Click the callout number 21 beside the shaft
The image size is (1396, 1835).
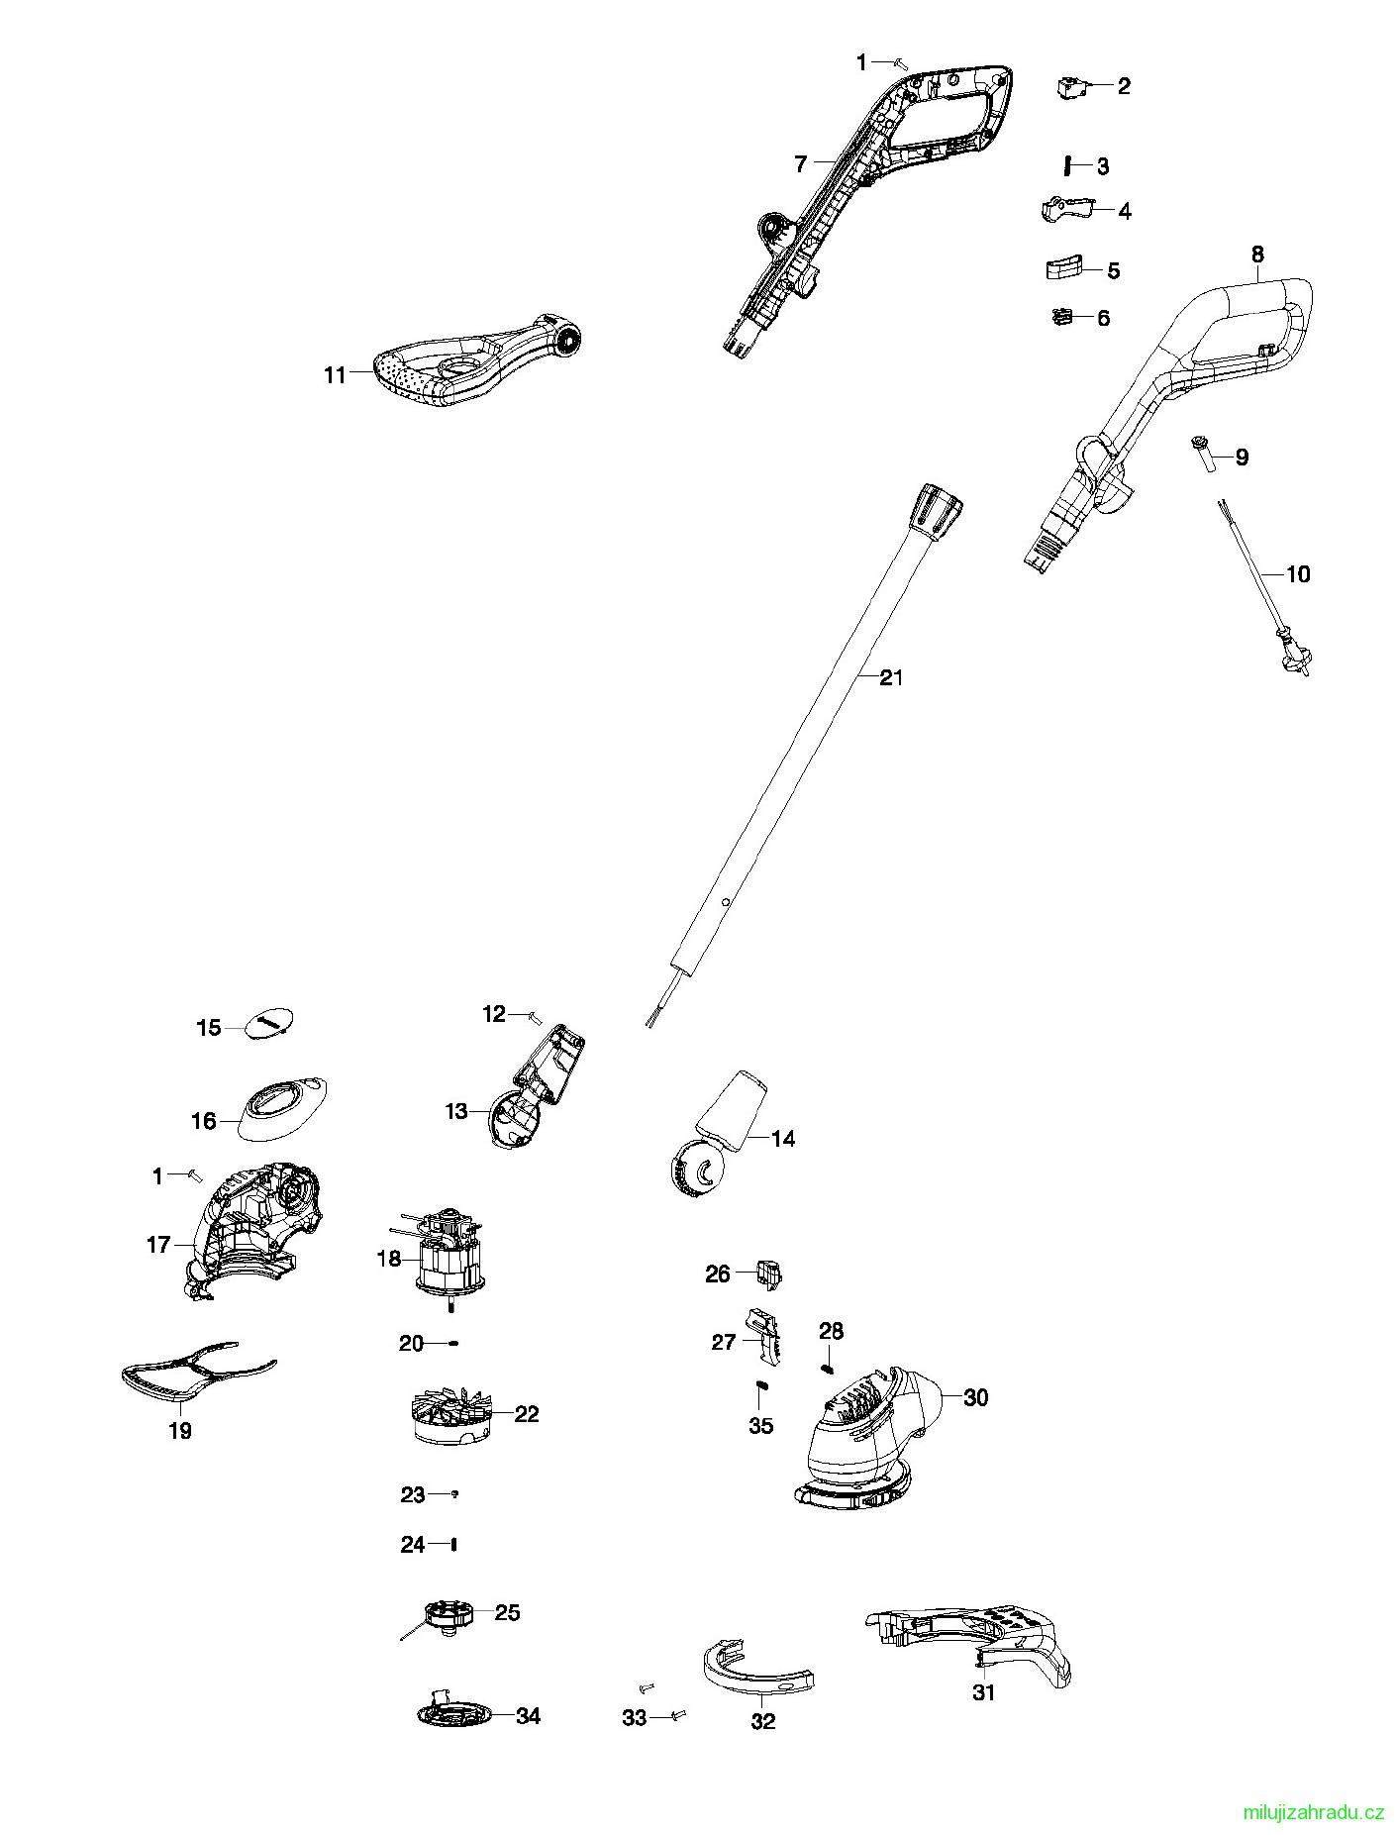pyautogui.click(x=891, y=677)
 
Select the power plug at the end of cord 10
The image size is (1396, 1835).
pyautogui.click(x=1293, y=656)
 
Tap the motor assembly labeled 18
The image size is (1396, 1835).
pyautogui.click(x=450, y=1257)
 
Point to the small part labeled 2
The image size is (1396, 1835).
pyautogui.click(x=1071, y=87)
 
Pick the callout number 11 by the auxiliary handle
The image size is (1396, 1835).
pyautogui.click(x=335, y=374)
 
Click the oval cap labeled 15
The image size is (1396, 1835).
pyautogui.click(x=269, y=1023)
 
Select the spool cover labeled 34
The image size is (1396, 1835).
pyautogui.click(x=454, y=1715)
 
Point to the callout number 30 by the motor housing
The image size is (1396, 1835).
pyautogui.click(x=975, y=1397)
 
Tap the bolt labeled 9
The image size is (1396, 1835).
pyautogui.click(x=1204, y=456)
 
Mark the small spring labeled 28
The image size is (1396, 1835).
pyautogui.click(x=828, y=1368)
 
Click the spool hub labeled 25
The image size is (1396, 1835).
pyautogui.click(x=446, y=1617)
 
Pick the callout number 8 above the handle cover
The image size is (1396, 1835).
pyautogui.click(x=1256, y=255)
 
